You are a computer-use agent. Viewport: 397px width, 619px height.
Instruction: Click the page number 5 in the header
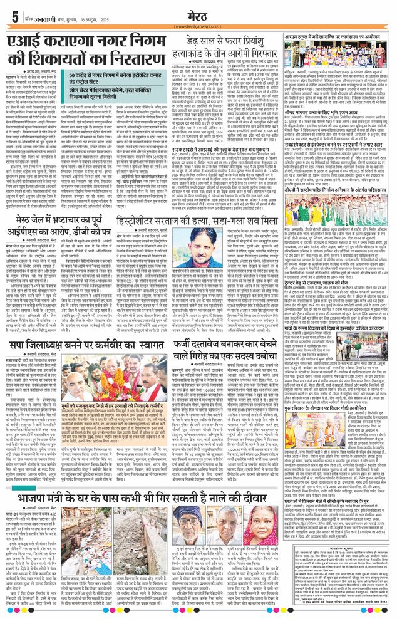tap(14, 18)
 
